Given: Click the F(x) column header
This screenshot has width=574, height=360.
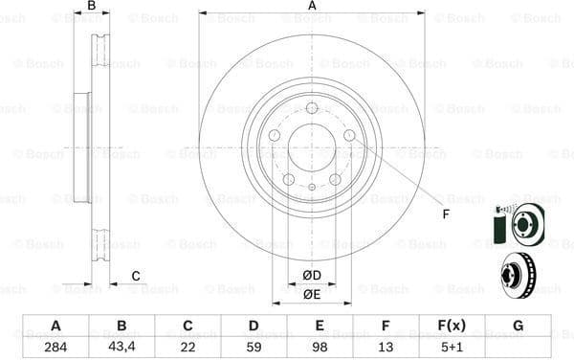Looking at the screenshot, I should [x=452, y=326].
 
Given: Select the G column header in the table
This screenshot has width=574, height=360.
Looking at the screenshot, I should [x=518, y=326].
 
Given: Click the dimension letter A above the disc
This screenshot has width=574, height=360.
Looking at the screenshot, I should [x=312, y=7].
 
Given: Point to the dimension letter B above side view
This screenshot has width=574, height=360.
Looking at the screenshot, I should [x=92, y=7].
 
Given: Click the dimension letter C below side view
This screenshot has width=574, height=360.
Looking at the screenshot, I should [x=136, y=277].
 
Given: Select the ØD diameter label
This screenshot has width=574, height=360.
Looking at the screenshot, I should [x=312, y=276].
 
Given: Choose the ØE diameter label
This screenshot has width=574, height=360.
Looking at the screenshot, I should [x=312, y=294].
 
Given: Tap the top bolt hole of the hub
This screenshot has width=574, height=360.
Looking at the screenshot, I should [x=312, y=108].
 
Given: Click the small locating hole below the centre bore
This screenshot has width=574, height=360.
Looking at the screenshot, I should [x=312, y=187].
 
